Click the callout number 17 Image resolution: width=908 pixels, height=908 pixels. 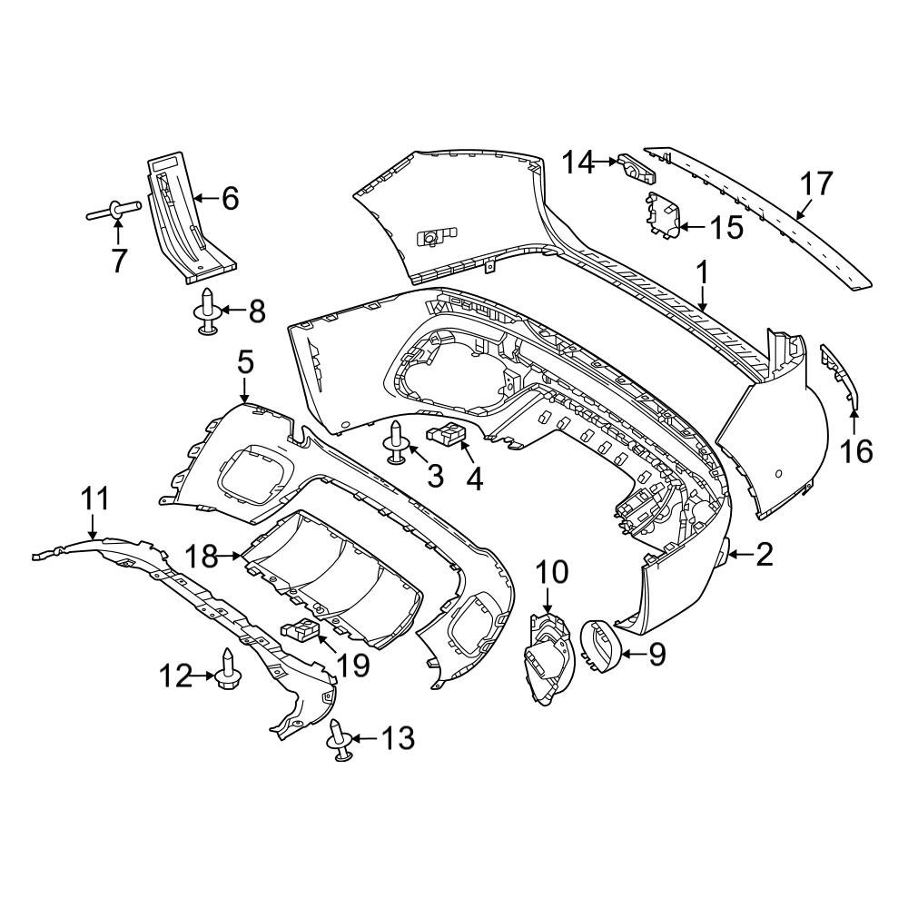[x=816, y=184]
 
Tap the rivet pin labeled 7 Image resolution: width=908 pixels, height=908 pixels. [x=113, y=213]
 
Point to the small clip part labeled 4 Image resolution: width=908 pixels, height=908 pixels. [x=447, y=435]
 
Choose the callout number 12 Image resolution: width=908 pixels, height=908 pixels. [x=176, y=675]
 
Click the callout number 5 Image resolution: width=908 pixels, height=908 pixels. [x=244, y=363]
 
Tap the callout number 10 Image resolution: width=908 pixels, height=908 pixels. [x=551, y=572]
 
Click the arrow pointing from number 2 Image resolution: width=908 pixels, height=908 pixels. [x=737, y=554]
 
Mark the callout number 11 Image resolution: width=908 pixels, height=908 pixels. [x=94, y=498]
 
